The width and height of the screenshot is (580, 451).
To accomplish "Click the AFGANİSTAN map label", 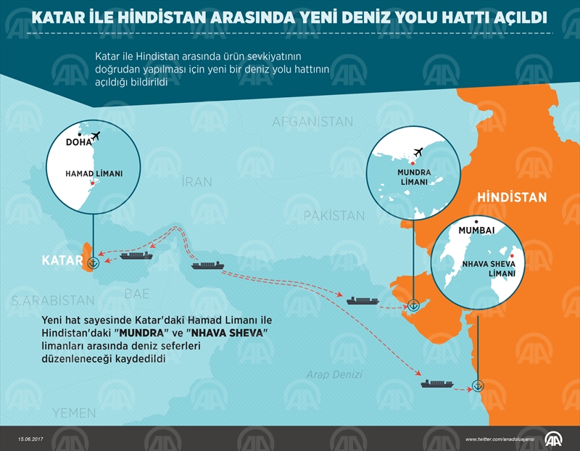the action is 312,122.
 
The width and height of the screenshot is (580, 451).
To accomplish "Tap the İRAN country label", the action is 197,182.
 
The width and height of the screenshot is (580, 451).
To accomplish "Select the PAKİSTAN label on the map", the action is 333,215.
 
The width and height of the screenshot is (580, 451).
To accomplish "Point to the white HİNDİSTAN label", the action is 511,198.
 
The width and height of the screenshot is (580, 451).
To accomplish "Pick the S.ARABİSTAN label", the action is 53,299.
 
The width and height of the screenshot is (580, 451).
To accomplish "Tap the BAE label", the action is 137,294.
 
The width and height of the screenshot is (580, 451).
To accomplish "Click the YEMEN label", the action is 73,413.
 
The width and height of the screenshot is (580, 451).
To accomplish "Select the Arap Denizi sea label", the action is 333,375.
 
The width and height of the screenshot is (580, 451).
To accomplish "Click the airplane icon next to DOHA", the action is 97,136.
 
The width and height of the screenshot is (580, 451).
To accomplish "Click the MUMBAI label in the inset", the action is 472,231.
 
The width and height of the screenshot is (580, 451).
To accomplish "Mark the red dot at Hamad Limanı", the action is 91,183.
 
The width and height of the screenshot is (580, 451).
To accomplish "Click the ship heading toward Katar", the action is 136,255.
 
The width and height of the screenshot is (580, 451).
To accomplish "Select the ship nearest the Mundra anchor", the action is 362,299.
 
